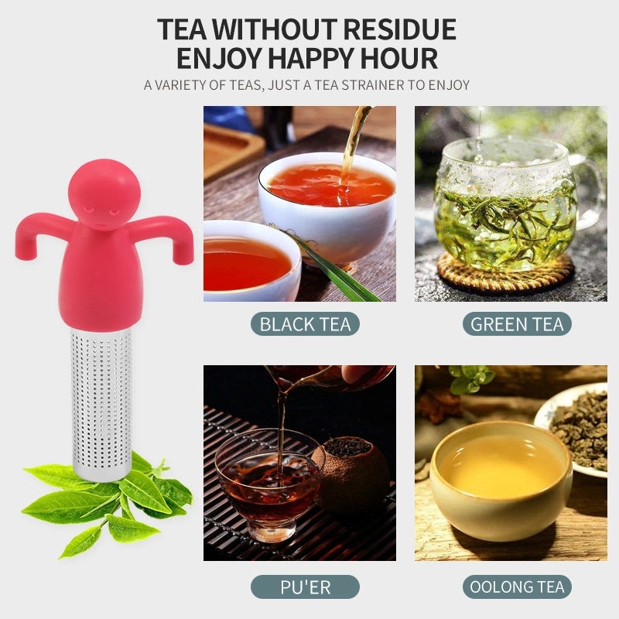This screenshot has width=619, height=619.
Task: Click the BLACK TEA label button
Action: (305, 323)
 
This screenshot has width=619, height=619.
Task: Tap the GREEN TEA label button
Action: (517, 323)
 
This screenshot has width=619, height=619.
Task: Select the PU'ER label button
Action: (305, 587)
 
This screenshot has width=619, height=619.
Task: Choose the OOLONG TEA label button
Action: (517, 587)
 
